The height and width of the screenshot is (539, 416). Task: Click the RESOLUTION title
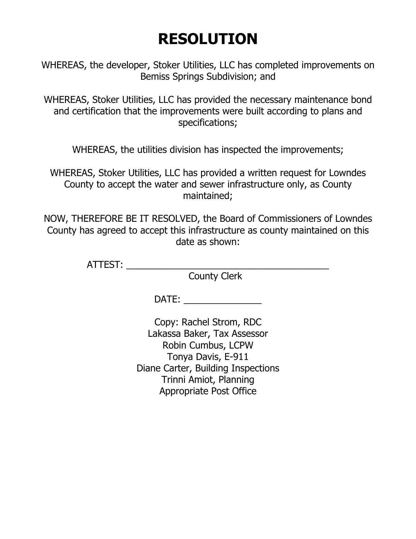(208, 39)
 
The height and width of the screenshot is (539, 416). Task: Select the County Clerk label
(215, 276)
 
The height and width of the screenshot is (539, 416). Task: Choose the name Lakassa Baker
(179, 334)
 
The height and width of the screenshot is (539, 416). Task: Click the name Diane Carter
(164, 368)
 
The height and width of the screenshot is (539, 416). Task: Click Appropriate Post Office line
(208, 391)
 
